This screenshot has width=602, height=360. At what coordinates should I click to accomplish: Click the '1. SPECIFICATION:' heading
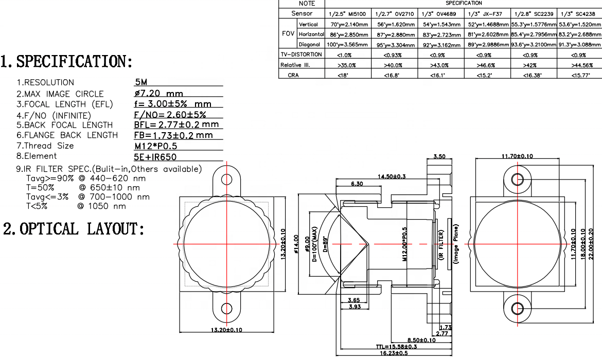point(67,62)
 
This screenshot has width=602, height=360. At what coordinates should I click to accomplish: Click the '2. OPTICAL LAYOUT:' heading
point(74,229)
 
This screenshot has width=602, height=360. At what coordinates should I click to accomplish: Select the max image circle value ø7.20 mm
point(158,94)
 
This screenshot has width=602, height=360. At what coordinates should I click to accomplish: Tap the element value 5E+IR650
point(156,156)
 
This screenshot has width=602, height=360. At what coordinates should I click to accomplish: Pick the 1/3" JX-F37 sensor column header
point(486,14)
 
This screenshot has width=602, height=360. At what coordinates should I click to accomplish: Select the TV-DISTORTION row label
point(302,55)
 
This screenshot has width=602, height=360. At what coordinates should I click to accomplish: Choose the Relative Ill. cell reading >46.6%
point(486,65)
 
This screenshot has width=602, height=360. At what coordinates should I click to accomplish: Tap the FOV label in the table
point(288,34)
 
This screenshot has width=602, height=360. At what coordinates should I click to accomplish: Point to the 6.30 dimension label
point(357,184)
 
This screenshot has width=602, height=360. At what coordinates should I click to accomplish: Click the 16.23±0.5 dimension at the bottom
point(394,353)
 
